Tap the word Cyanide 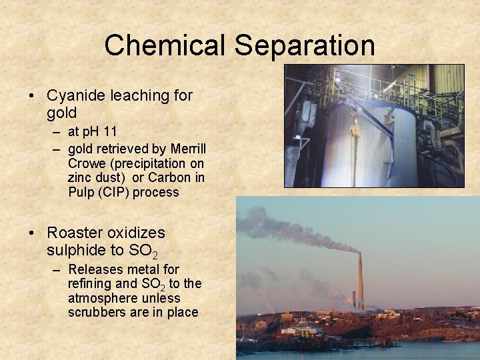coord(75,95)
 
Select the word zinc coord(81,178)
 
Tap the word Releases coord(95,269)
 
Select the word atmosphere coord(101,298)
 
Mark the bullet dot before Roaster coord(33,233)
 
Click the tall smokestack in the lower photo coord(360,280)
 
